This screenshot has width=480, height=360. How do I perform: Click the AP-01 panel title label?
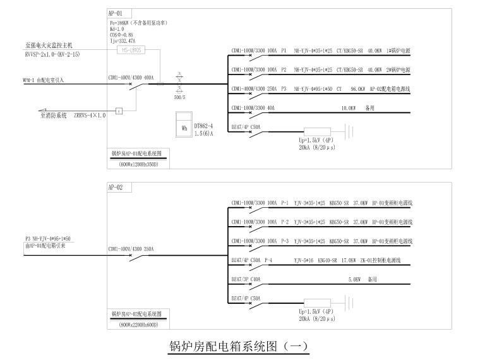click(x=116, y=13)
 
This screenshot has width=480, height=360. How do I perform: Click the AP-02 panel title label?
click(x=116, y=188)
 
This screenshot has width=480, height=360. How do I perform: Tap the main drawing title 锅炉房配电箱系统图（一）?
click(x=238, y=347)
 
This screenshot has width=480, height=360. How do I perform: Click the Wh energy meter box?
click(x=184, y=126)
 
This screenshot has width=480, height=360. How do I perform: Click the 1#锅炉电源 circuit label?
click(x=398, y=51)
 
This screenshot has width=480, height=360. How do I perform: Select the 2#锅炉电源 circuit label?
click(x=398, y=69)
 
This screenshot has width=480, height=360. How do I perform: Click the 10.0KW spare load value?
click(x=350, y=109)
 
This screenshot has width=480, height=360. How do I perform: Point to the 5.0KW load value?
click(x=355, y=279)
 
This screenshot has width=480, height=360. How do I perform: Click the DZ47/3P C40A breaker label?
click(x=246, y=279)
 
